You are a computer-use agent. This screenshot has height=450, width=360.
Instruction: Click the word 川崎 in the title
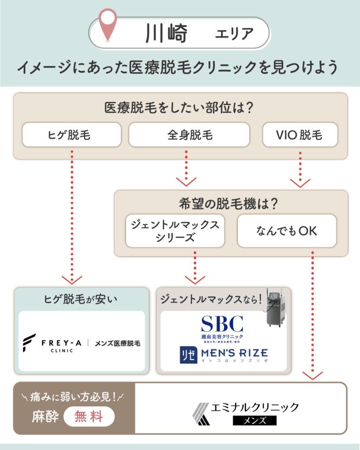(x=166, y=33)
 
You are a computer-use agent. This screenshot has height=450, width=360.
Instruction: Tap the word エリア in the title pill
(x=234, y=33)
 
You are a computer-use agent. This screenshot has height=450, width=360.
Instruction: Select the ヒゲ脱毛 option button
(x=72, y=134)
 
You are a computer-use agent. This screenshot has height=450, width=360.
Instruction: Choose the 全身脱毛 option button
(x=189, y=134)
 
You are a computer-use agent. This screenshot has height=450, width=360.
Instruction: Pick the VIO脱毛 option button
(x=300, y=134)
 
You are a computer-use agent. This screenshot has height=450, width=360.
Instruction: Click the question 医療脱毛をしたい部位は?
(x=180, y=108)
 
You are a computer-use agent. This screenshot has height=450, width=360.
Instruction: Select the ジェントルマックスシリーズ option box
(x=175, y=231)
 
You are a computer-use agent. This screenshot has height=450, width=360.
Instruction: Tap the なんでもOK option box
(x=287, y=231)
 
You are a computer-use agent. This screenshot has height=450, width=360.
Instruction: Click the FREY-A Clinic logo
(x=82, y=343)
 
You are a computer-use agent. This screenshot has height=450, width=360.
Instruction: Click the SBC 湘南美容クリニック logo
(x=222, y=327)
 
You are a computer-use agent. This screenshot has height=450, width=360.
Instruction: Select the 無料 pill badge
(x=89, y=416)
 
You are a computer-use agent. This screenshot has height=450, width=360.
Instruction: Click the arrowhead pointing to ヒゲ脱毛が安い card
(x=72, y=279)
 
